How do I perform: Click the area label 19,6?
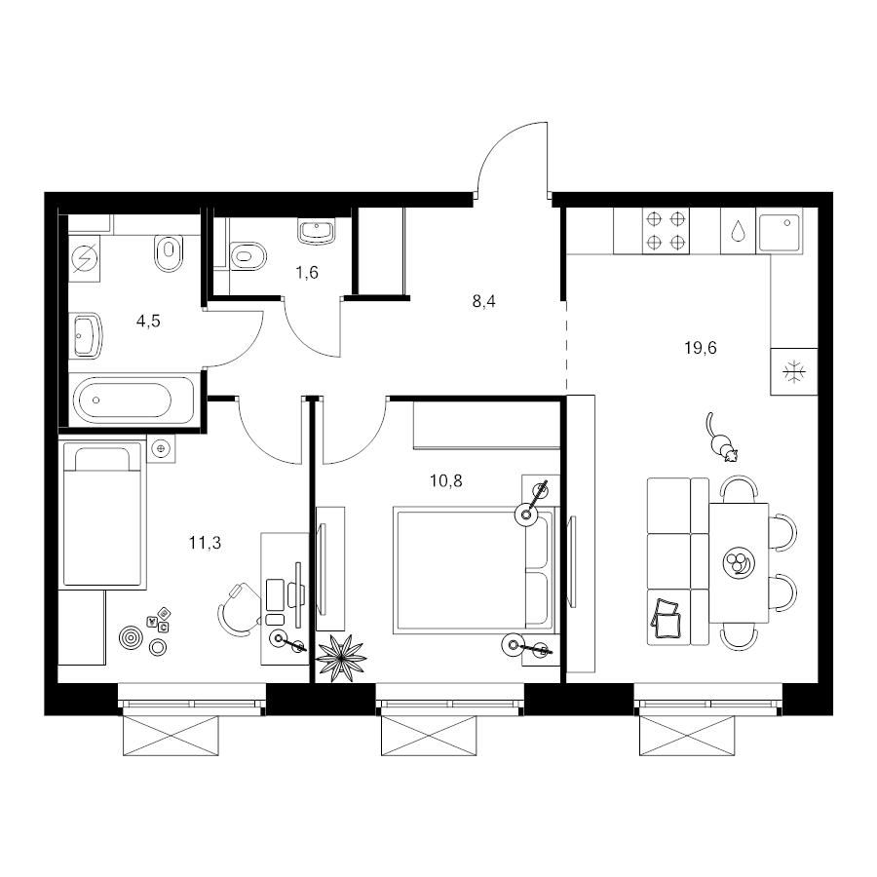point(701,349)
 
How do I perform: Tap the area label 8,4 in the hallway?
point(483,302)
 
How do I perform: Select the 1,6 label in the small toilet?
point(307,273)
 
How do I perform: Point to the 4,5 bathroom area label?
point(148,321)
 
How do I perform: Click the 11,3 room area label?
point(205,543)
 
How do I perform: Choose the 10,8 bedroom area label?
point(445,481)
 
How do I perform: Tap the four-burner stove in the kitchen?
point(666,230)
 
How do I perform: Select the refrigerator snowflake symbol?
point(793,372)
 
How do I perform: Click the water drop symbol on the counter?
point(739,230)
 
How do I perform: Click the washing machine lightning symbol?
point(85,258)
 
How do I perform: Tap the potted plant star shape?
point(341,658)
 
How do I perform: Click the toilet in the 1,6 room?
point(248,256)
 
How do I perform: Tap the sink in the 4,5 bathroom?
point(86,335)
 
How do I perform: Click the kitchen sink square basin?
point(780,230)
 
